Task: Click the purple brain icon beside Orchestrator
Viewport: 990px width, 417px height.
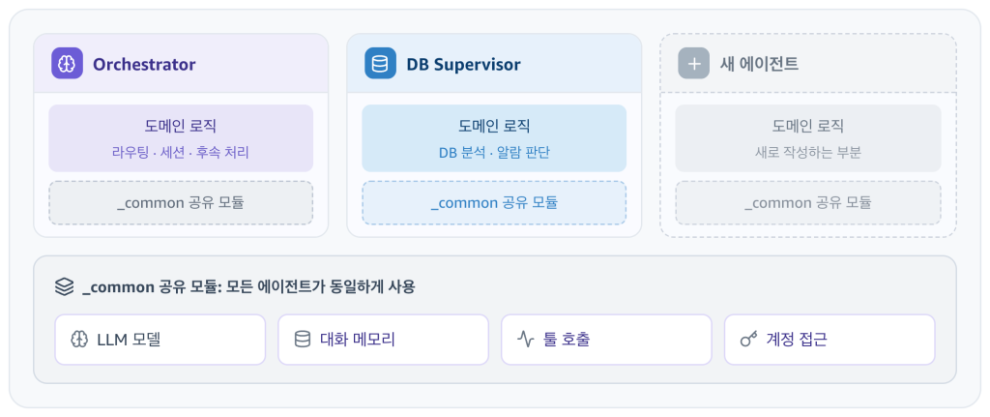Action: [x=67, y=63]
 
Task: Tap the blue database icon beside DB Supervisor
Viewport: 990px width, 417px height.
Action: [x=380, y=63]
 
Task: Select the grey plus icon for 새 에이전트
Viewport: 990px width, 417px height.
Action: [x=694, y=63]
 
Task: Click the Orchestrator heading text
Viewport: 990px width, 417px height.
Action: [x=144, y=65]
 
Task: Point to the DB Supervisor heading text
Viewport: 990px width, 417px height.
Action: [x=463, y=65]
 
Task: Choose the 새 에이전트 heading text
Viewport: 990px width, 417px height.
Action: [x=759, y=64]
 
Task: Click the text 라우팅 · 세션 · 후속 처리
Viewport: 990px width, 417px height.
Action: [x=181, y=152]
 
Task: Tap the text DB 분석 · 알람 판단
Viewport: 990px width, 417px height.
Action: [x=494, y=152]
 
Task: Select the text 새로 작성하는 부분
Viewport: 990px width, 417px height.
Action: [x=807, y=152]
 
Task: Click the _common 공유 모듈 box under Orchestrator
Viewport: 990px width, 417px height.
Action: [x=181, y=203]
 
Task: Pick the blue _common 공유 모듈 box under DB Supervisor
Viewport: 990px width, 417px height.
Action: [x=494, y=203]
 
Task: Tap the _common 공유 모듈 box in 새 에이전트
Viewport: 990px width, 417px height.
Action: [x=807, y=203]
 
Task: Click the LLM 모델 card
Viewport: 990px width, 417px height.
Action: [x=160, y=340]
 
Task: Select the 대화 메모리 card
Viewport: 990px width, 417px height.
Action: [x=383, y=340]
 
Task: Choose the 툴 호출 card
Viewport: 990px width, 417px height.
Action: [x=606, y=340]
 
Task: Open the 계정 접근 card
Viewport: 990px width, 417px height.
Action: [x=829, y=340]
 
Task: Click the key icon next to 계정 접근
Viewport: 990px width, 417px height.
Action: [x=748, y=340]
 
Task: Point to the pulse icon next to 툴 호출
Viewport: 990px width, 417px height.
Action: [x=525, y=340]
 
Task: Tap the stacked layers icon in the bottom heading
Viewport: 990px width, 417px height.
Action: [x=64, y=286]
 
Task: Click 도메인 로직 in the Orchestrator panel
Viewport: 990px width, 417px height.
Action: [x=181, y=126]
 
